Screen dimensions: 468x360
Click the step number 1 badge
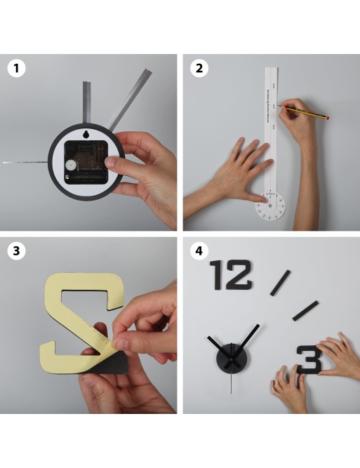(16, 69)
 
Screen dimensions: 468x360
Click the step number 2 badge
(199, 69)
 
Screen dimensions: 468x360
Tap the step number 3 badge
(16, 251)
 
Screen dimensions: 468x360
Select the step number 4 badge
(199, 250)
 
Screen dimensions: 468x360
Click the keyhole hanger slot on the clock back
(85, 135)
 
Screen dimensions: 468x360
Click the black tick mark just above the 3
(305, 311)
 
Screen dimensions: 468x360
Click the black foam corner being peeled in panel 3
(105, 363)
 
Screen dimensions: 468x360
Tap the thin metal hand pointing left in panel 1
(25, 163)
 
